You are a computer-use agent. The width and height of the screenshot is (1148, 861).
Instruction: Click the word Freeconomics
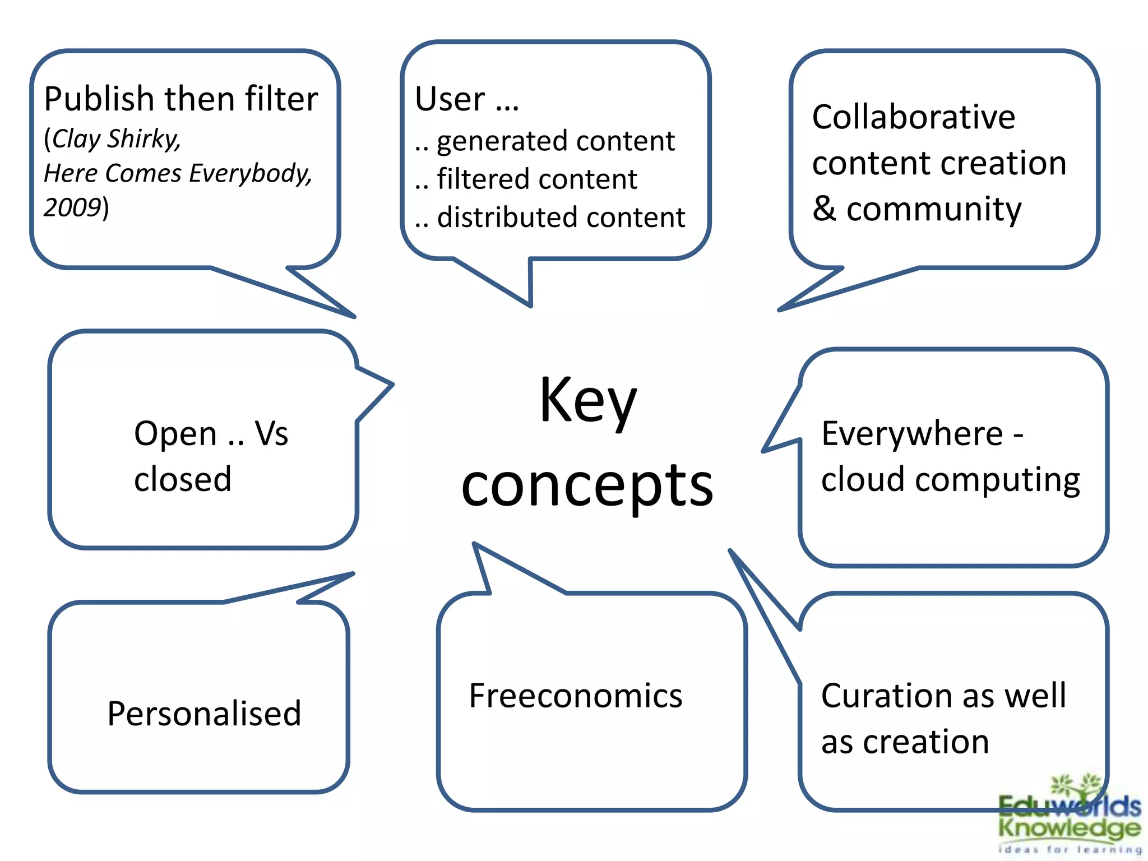(x=575, y=696)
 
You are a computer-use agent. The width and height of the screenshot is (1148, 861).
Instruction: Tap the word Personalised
(x=204, y=714)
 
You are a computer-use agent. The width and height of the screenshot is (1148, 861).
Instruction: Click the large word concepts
(x=587, y=485)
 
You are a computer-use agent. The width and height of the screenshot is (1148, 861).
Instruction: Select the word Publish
(x=99, y=100)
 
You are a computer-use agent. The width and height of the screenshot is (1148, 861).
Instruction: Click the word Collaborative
(x=913, y=117)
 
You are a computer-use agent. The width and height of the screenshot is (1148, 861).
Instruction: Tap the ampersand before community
(x=824, y=209)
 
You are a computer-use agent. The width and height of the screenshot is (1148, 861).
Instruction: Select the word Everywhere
(x=912, y=434)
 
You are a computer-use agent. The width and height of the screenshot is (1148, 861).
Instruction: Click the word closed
(x=183, y=480)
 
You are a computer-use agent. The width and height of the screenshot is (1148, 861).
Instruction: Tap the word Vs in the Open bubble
(x=271, y=434)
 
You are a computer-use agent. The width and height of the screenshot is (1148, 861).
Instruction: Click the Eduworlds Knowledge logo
(x=1069, y=817)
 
